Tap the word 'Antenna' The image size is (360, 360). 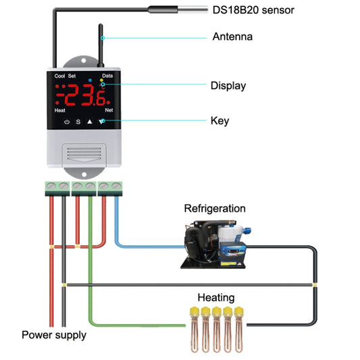232,36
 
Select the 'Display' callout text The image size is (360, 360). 228,86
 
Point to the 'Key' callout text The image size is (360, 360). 220,122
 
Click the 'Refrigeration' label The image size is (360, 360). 215,209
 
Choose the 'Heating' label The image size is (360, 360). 215,297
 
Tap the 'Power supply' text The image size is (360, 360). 54,334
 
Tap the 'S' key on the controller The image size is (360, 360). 78,122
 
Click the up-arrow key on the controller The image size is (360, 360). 90,122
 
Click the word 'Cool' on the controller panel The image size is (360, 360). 59,76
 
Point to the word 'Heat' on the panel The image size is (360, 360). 60,109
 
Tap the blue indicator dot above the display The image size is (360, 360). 90,80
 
